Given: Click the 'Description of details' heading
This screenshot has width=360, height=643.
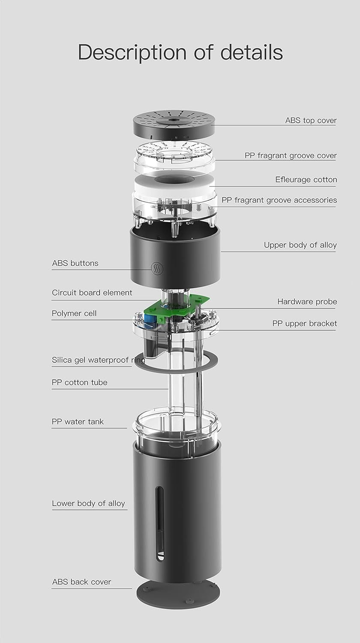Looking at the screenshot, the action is pyautogui.click(x=180, y=53).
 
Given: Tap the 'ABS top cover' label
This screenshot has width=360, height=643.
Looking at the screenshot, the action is pyautogui.click(x=311, y=120).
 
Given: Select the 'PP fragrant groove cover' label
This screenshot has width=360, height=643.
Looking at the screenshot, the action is pyautogui.click(x=291, y=156).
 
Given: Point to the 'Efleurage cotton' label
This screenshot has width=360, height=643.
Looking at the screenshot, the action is pyautogui.click(x=306, y=180).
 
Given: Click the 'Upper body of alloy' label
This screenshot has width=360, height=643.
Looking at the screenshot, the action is pyautogui.click(x=300, y=245).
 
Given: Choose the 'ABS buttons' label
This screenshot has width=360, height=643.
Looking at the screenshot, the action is pyautogui.click(x=75, y=263).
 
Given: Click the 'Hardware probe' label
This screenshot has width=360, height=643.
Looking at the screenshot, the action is pyautogui.click(x=307, y=302).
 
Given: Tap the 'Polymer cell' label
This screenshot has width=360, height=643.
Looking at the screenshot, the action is pyautogui.click(x=74, y=313).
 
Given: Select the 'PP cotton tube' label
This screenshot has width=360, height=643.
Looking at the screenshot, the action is pyautogui.click(x=80, y=382).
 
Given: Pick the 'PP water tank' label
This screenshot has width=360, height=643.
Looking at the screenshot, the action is pyautogui.click(x=78, y=422).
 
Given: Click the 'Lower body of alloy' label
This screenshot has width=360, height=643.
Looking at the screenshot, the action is pyautogui.click(x=88, y=504).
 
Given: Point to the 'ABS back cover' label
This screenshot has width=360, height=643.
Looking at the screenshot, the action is pyautogui.click(x=81, y=582).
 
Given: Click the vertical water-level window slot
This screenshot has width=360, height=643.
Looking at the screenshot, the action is pyautogui.click(x=160, y=523).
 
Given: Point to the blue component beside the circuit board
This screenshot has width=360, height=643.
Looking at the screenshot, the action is pyautogui.click(x=150, y=320).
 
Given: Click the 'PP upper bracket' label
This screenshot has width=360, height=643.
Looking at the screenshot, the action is pyautogui.click(x=305, y=324).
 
